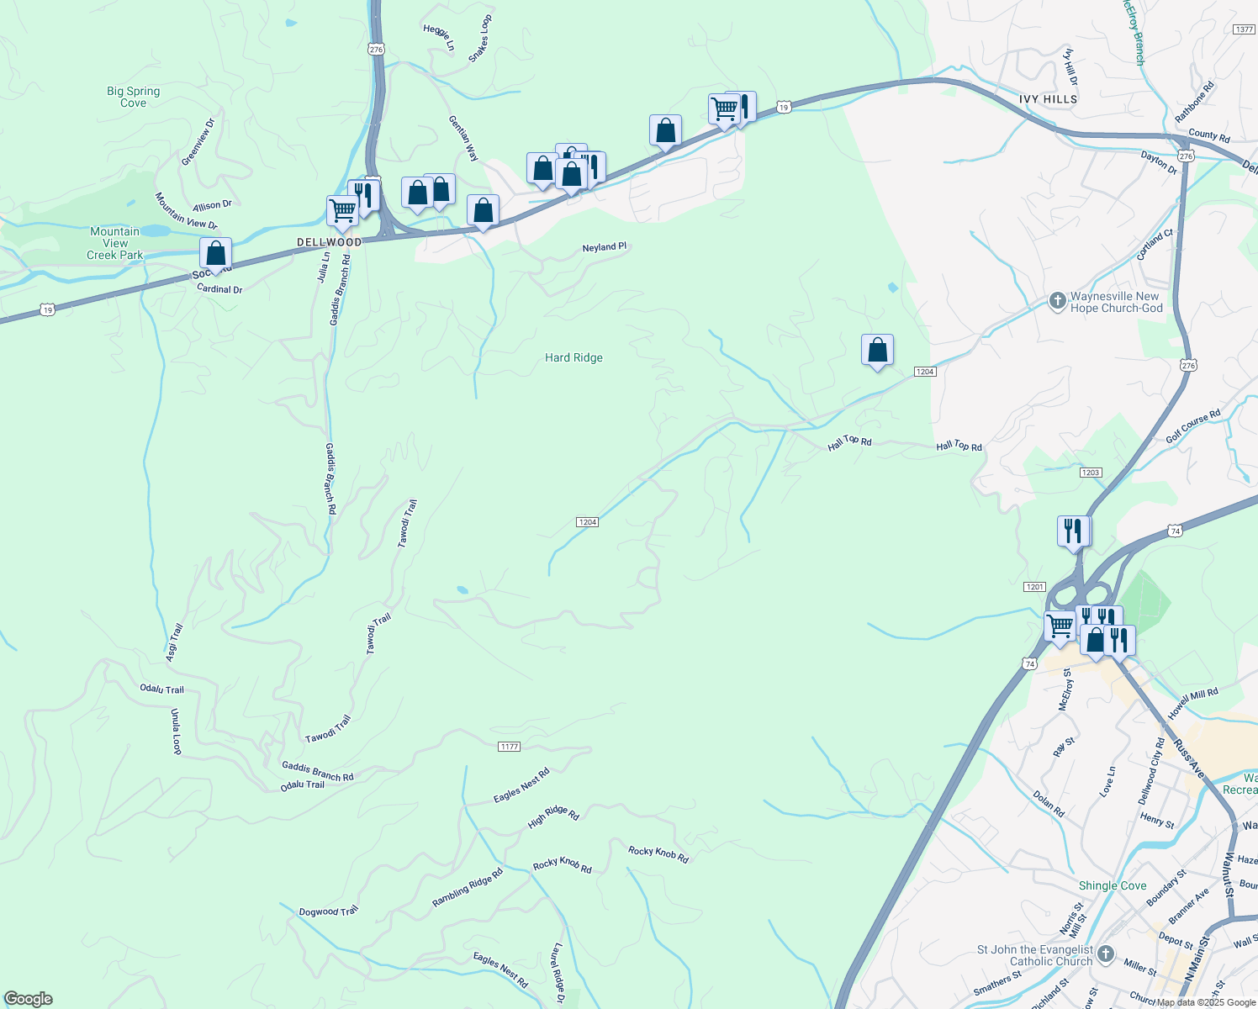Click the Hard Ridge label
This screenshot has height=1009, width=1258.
[x=573, y=358]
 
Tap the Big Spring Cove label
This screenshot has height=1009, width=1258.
[x=133, y=98]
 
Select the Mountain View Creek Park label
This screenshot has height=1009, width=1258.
[x=115, y=244]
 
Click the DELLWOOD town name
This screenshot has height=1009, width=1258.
[x=330, y=242]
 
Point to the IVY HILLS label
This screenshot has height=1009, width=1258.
[x=1048, y=99]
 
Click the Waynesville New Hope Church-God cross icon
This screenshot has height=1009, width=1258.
[x=1058, y=301]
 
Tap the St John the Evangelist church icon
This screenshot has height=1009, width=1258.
[x=1106, y=954]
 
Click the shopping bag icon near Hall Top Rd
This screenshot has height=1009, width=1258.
[x=877, y=350]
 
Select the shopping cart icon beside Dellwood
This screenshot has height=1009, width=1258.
[x=342, y=211]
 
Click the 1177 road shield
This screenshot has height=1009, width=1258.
[x=509, y=747]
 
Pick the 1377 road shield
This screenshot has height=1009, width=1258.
[x=1244, y=29]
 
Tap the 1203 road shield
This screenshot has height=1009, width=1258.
[x=1091, y=473]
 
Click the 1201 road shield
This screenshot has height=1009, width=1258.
[x=1034, y=587]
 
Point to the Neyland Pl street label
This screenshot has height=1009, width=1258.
[x=605, y=247]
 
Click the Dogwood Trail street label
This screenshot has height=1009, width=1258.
[x=329, y=911]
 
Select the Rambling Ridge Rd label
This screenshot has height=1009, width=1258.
[x=468, y=888]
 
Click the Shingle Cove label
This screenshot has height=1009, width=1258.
[x=1113, y=886]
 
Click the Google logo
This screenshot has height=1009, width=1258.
[x=28, y=999]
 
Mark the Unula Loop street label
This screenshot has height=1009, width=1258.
[x=177, y=732]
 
